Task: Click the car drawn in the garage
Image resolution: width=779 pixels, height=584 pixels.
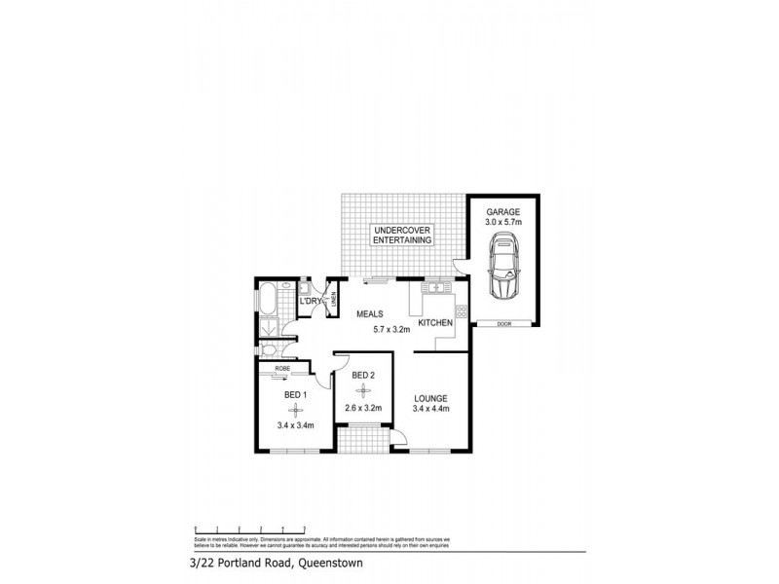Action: [x=505, y=272]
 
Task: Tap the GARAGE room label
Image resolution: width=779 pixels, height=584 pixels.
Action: [x=504, y=211]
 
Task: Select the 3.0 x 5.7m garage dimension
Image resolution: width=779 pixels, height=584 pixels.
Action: [x=504, y=223]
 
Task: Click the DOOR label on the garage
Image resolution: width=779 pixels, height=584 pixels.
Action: [x=503, y=323]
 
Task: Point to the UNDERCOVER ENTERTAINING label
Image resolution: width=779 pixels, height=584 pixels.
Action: [x=399, y=236]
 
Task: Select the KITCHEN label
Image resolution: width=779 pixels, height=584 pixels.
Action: [x=434, y=322]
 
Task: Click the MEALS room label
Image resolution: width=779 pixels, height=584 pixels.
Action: [x=369, y=314]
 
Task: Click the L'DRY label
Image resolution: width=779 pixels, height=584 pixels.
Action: [x=312, y=302]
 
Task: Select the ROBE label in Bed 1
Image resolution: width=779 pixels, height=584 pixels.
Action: [x=281, y=368]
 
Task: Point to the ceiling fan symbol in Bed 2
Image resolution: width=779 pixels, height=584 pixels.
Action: [x=363, y=392]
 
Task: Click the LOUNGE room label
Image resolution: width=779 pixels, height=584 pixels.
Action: [x=430, y=397]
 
